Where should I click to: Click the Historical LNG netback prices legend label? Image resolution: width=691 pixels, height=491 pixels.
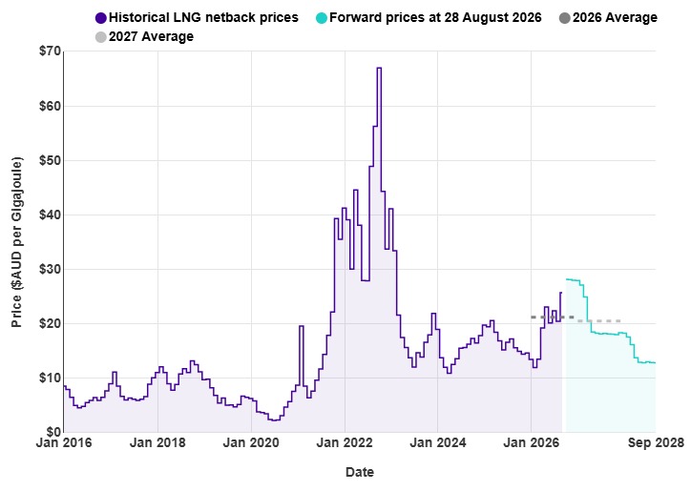203,17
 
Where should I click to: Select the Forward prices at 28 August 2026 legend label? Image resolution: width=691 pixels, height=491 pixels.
435,17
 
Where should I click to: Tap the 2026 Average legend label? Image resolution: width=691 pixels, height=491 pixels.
615,17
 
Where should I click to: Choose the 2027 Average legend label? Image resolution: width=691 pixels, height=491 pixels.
151,36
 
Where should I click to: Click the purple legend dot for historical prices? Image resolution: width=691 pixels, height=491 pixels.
101,18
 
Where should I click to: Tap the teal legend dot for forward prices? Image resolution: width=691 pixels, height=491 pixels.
322,18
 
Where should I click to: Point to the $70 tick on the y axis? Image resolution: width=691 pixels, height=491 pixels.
51,51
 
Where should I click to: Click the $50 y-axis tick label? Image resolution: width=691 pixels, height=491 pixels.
51,160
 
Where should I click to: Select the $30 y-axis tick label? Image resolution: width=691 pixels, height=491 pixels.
51,269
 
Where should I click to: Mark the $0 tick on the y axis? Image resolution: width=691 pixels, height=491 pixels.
53,433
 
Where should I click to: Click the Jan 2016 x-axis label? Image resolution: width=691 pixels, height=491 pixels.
64,442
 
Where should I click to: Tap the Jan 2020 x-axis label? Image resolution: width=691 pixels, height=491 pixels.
251,442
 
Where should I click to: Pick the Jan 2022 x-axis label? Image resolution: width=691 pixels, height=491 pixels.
345,442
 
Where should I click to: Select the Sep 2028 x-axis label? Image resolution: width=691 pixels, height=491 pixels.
656,442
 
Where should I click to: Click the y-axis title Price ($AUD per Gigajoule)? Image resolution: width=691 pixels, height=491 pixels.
17,242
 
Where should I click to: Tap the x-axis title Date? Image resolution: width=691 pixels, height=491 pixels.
360,472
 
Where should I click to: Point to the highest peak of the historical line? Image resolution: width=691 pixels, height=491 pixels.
379,68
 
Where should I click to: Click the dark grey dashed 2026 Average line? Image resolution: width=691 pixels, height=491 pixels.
553,317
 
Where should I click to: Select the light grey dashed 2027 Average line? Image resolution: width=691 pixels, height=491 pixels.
599,321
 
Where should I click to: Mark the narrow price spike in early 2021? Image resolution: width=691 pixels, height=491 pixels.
302,326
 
